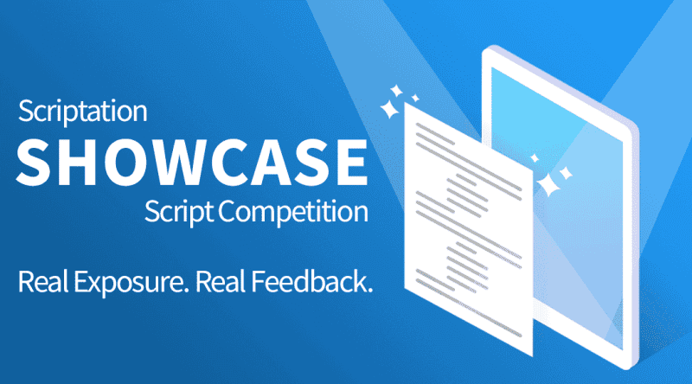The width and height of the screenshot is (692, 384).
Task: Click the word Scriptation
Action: point(82,112)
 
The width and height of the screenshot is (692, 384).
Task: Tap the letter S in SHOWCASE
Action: point(40,159)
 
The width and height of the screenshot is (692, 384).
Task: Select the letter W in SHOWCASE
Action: point(172,159)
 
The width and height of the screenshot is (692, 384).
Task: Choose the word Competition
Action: point(295,210)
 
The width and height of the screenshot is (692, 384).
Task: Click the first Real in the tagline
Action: point(44,282)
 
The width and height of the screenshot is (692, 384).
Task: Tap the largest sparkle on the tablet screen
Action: point(547,183)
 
